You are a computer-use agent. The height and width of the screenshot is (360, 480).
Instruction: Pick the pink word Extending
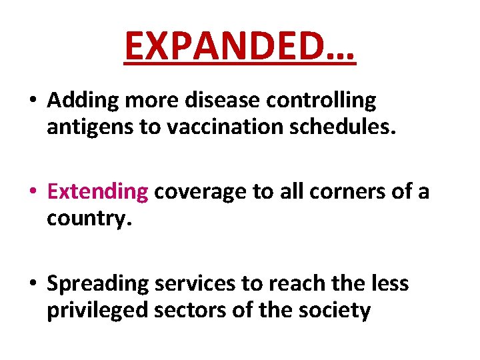(x=98, y=192)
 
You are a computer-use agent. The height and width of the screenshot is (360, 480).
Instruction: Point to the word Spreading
(x=98, y=283)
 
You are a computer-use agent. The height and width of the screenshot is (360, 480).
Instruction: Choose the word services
(x=195, y=283)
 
